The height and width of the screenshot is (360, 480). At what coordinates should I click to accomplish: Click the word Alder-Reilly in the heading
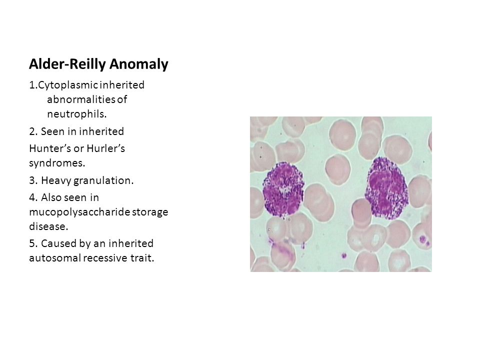67,64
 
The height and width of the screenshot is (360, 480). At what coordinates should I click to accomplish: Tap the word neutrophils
77,114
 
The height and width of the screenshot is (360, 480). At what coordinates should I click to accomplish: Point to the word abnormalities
81,99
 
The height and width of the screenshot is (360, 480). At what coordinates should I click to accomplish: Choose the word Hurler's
105,148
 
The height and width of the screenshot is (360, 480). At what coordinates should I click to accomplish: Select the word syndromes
57,163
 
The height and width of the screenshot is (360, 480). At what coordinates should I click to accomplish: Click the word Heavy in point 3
56,180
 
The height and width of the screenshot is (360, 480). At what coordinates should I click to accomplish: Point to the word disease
48,226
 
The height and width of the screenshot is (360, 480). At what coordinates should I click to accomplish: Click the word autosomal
55,258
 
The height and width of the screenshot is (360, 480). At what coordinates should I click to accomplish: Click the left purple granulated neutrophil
283,189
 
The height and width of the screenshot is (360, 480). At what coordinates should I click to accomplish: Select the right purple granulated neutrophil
386,188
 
